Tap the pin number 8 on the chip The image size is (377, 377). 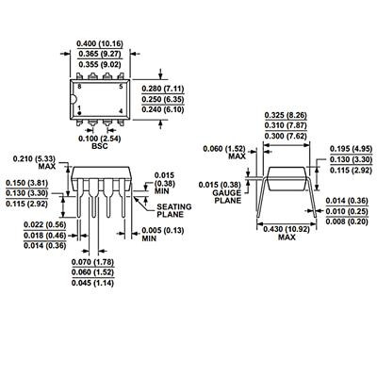[x=80, y=86]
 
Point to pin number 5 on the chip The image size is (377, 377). [x=122, y=86]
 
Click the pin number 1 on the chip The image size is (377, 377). [x=80, y=107]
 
